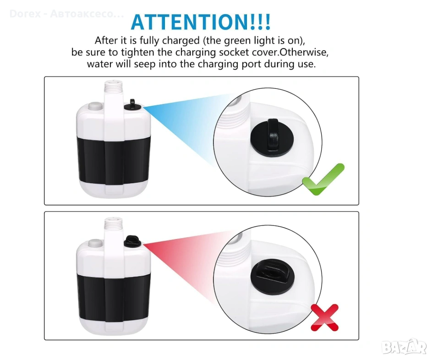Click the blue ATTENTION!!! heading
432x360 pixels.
click(x=201, y=22)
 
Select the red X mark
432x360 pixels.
click(x=324, y=317)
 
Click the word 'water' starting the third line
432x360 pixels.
click(x=100, y=64)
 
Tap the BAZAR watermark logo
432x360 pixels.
click(x=405, y=347)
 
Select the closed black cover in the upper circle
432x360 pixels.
click(x=272, y=138)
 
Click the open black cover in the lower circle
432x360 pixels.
click(x=272, y=277)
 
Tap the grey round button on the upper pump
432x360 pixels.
click(x=95, y=106)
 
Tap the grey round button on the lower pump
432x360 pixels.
click(x=95, y=243)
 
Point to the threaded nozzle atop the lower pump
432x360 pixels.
click(x=113, y=224)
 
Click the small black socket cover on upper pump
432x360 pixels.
click(x=133, y=105)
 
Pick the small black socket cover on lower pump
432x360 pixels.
click(x=132, y=241)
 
